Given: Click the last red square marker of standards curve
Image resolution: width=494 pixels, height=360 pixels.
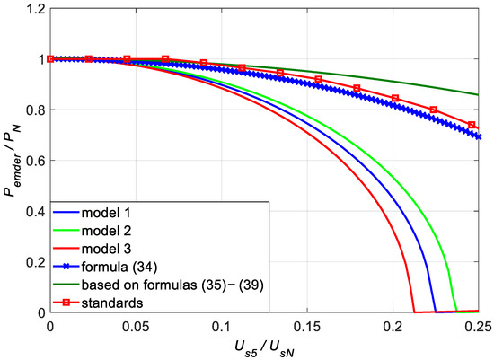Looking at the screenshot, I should (x=472, y=125).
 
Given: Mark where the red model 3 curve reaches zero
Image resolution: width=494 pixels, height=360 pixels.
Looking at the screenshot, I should (x=413, y=312).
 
